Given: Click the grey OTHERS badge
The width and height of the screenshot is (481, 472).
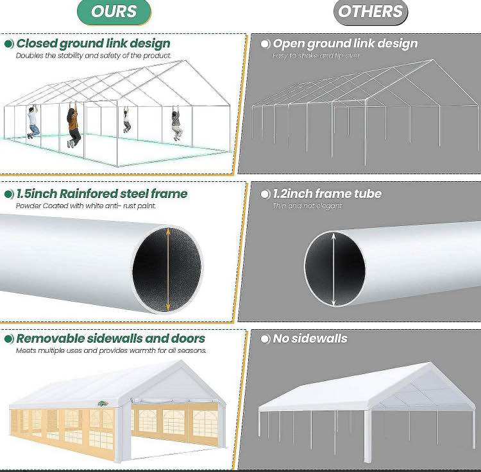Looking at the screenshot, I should pyautogui.click(x=370, y=12).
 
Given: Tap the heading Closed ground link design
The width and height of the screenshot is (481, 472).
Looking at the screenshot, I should pyautogui.click(x=93, y=44).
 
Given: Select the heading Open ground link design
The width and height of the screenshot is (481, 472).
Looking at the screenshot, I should pyautogui.click(x=345, y=44).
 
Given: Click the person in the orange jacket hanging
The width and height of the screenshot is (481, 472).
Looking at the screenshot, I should pyautogui.click(x=73, y=126).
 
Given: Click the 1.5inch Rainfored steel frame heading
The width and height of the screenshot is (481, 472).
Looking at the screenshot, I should pyautogui.click(x=101, y=193).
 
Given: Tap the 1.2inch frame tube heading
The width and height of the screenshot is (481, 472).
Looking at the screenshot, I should pyautogui.click(x=327, y=193).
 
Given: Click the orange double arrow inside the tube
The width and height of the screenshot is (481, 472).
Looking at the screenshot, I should pyautogui.click(x=168, y=268).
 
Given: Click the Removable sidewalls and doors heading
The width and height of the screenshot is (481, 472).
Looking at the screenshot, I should pyautogui.click(x=110, y=338).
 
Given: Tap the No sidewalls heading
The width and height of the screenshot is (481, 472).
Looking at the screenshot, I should pyautogui.click(x=310, y=338).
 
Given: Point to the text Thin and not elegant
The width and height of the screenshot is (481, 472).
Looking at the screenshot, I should pyautogui.click(x=307, y=206).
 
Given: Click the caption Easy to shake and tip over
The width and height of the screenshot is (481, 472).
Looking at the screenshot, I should pyautogui.click(x=316, y=56).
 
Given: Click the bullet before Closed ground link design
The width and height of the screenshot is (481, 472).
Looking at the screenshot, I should pyautogui.click(x=9, y=44).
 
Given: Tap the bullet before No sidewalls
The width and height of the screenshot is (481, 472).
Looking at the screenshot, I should pyautogui.click(x=265, y=339).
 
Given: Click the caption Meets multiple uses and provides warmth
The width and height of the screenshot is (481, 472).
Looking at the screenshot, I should pyautogui.click(x=111, y=350).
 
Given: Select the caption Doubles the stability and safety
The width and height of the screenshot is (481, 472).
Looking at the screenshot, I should pyautogui.click(x=94, y=56).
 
